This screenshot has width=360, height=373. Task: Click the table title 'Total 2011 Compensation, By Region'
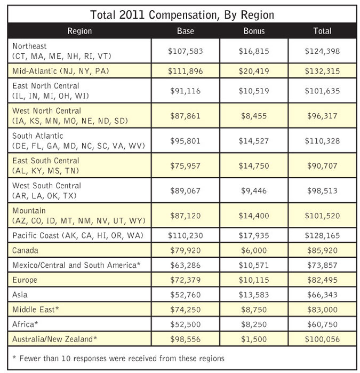tap(182, 14)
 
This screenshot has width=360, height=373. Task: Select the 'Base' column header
tap(185, 31)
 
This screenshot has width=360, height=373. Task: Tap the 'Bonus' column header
tap(253, 31)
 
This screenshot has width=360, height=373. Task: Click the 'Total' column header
tap(322, 31)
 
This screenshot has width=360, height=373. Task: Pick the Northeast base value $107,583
tap(185, 51)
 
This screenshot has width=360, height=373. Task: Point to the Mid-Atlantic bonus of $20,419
tap(253, 71)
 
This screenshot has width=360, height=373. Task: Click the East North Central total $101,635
tap(322, 91)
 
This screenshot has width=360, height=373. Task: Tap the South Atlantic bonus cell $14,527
tap(253, 141)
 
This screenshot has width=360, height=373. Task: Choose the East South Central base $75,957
tap(185, 165)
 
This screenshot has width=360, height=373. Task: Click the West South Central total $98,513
tap(322, 191)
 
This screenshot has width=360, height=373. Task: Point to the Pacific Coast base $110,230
tap(185, 235)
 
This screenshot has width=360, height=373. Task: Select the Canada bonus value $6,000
tap(253, 250)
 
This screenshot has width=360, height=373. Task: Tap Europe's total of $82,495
tap(322, 279)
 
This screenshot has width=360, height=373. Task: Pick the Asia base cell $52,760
tap(185, 294)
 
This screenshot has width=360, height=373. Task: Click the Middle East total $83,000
tap(322, 309)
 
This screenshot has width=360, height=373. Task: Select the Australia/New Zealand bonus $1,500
tap(253, 338)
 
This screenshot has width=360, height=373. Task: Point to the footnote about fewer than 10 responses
tap(118, 358)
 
